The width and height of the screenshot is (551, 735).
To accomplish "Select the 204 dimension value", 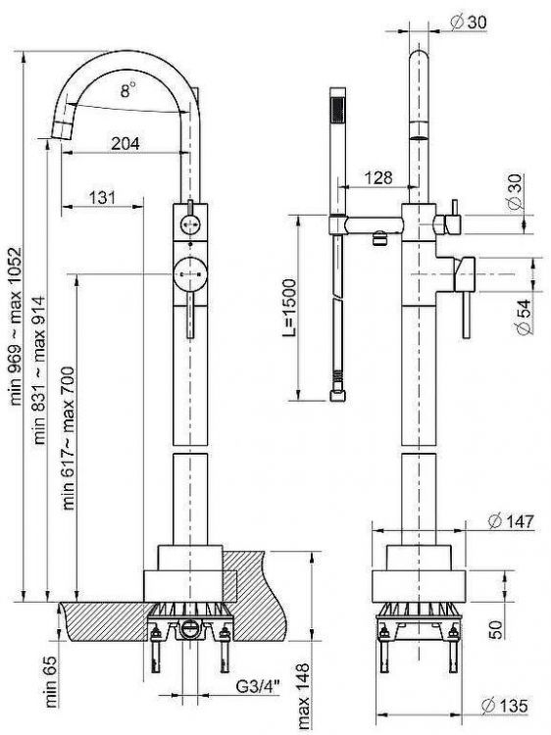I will (125, 143).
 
